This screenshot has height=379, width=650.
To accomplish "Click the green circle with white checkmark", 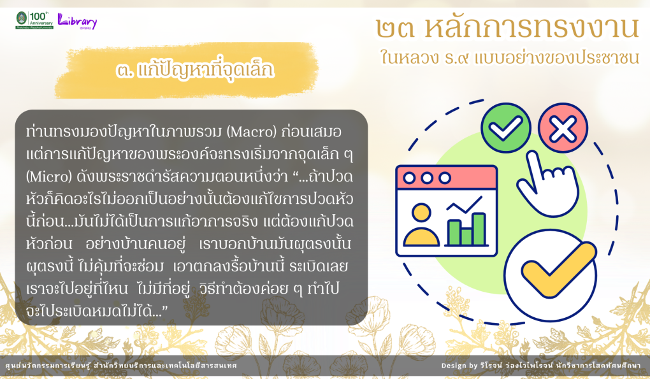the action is [506, 128].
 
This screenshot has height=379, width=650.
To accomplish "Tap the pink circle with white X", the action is [563, 128].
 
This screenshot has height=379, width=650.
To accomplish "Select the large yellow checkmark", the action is [558, 269].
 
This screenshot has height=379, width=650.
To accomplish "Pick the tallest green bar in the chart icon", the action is [479, 229].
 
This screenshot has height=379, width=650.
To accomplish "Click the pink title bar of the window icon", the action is [447, 178].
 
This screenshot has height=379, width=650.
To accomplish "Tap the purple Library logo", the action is [77, 21].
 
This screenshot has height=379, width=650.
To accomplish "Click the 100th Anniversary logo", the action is [35, 20].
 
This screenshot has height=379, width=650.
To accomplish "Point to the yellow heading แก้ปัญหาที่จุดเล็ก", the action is [195, 69].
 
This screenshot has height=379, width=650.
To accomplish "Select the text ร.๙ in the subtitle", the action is [458, 57].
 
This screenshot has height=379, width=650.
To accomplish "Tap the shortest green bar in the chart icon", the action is [466, 236].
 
